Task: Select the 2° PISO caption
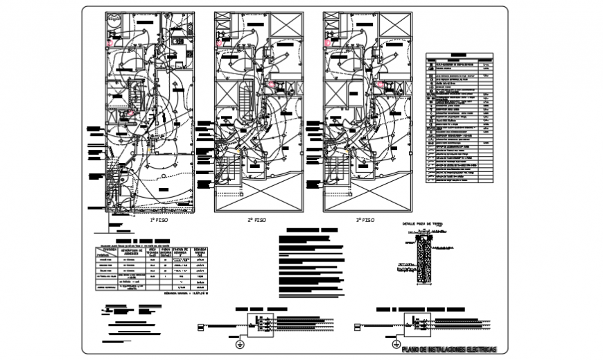(257, 220)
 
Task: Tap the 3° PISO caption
(365, 220)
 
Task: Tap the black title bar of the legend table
(459, 53)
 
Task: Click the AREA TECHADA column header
(152, 250)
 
